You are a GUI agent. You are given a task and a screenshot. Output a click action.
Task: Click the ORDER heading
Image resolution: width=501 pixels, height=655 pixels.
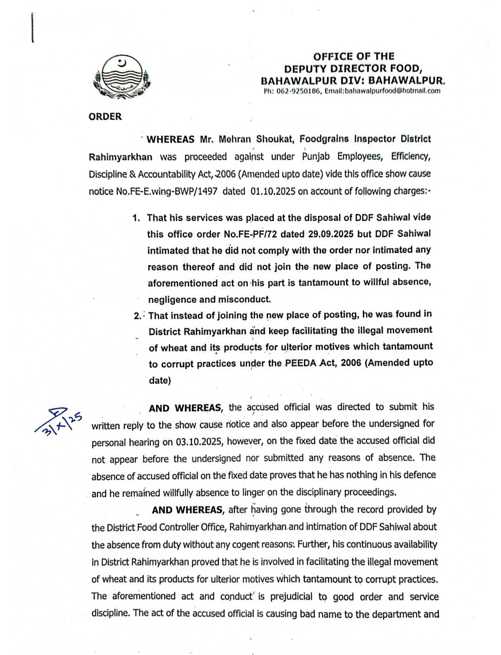point(105,117)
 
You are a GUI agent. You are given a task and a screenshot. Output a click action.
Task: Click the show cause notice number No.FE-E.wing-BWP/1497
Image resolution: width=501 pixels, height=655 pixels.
point(153,191)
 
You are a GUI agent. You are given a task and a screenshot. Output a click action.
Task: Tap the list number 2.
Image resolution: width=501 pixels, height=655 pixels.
point(137,316)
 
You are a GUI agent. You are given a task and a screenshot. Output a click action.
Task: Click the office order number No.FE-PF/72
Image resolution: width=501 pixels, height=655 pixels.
point(250,234)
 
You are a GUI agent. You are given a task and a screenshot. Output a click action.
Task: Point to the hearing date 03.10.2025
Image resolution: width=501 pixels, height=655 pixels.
point(199,442)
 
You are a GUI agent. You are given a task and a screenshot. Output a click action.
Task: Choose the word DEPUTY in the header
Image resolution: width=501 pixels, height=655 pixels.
point(306,69)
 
